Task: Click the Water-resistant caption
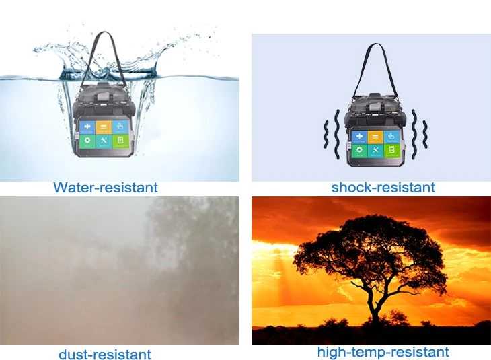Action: [x=106, y=187]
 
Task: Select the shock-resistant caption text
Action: [x=383, y=187]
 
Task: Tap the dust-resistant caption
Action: [x=105, y=354]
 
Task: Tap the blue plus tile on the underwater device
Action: [x=87, y=128]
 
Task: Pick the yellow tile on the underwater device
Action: [x=104, y=127]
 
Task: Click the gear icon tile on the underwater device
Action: [x=87, y=141]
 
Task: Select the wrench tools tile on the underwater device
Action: [x=104, y=141]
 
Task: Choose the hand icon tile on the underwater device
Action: [x=120, y=127]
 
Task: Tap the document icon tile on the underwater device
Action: [x=120, y=141]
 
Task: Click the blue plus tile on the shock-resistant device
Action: [x=359, y=137]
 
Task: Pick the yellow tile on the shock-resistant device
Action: [x=375, y=137]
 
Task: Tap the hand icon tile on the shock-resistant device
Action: [x=391, y=137]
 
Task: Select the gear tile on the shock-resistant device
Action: [x=359, y=151]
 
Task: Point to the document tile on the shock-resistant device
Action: [x=391, y=150]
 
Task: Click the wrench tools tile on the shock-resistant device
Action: [x=375, y=151]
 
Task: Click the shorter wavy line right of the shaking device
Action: [x=424, y=134]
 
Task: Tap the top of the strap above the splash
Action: [x=104, y=32]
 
